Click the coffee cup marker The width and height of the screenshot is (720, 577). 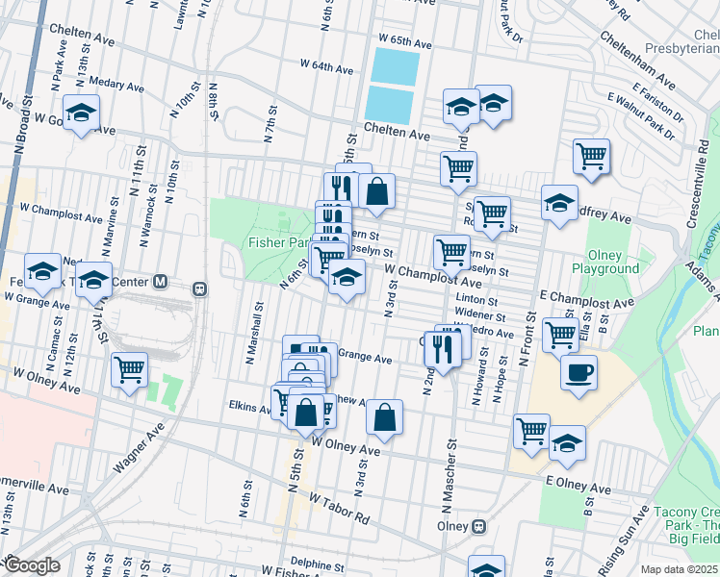[x=579, y=373]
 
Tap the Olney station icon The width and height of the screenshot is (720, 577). [x=477, y=527]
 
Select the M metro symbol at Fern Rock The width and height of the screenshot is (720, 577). [x=161, y=282]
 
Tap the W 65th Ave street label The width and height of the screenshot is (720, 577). [x=405, y=42]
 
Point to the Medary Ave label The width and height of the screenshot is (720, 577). [x=115, y=86]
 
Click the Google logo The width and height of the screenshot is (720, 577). [x=32, y=566]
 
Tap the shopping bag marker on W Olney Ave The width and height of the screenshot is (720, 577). [x=384, y=417]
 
